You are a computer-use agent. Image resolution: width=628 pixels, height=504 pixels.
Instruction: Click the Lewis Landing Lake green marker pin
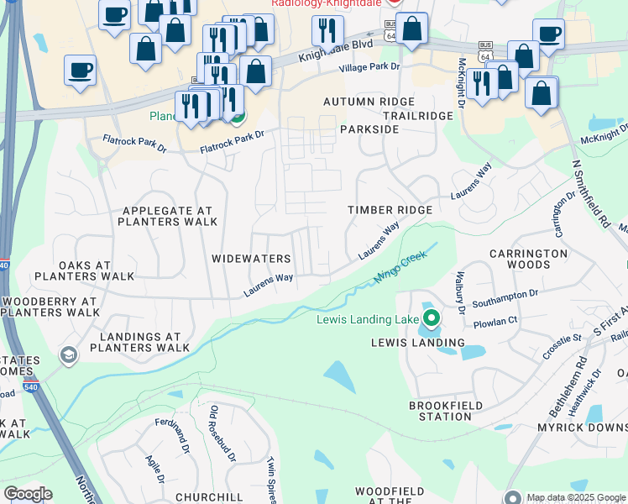coord(431,318)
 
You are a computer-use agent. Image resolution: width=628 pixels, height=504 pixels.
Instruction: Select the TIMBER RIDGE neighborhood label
coord(390,210)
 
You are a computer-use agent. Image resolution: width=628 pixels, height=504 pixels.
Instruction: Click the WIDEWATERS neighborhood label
coord(251,260)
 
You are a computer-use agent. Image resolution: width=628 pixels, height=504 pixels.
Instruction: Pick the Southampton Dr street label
coord(505,295)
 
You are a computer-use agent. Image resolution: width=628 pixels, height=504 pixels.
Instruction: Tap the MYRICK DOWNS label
coord(583,428)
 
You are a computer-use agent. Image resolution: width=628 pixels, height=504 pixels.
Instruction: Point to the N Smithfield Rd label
coord(590,194)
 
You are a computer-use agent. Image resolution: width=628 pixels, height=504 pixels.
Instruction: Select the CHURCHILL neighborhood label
coord(209,496)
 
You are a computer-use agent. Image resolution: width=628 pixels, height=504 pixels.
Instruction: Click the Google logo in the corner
coord(28,494)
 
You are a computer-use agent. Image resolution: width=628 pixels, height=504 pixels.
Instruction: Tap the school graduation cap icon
coord(67,356)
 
